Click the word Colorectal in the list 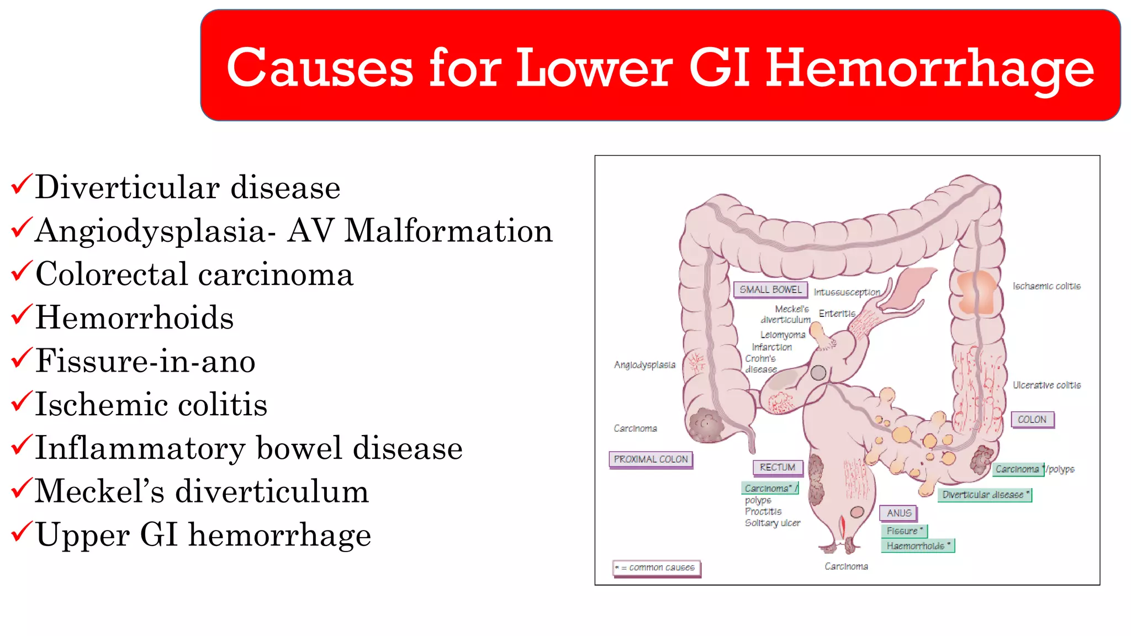pos(112,274)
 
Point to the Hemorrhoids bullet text pos(134,318)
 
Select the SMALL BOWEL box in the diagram pos(770,289)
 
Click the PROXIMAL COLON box pos(651,459)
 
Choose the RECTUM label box pos(777,467)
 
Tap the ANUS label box pos(899,513)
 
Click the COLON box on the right pos(1032,420)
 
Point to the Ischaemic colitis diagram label pos(1046,286)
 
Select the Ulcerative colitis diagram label pos(1046,385)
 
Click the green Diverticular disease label pos(985,495)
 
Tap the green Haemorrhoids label pos(917,545)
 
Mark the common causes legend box pos(657,568)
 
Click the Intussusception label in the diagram pos(847,292)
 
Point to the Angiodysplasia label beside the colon pos(644,364)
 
